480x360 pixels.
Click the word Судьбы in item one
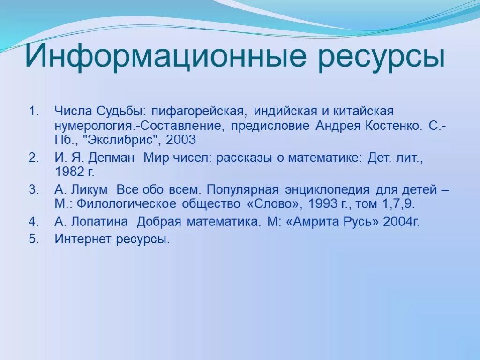pos(121,112)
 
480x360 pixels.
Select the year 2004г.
pos(401,221)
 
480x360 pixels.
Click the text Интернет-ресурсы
pos(112,239)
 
